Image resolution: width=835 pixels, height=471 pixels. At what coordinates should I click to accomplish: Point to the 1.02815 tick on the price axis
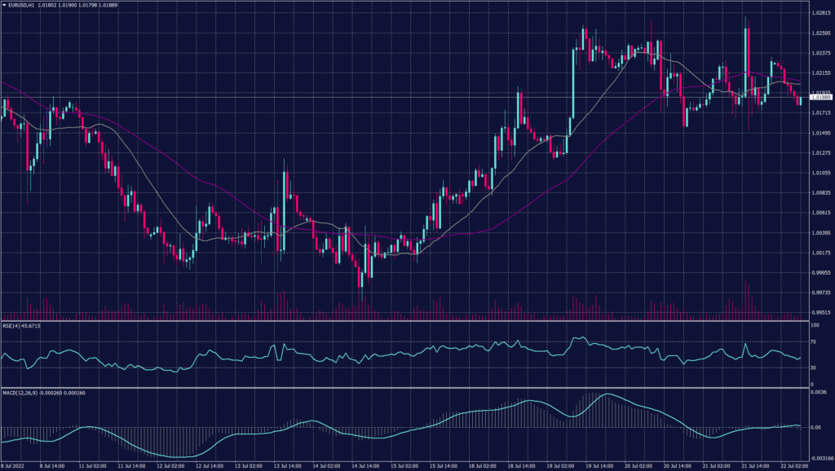[x=818, y=14]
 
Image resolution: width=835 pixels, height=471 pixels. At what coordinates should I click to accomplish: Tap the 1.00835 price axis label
[x=818, y=193]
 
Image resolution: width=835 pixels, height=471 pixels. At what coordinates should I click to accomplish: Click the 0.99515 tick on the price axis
[x=818, y=312]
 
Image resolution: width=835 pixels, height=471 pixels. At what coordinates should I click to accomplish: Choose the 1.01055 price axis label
[x=818, y=173]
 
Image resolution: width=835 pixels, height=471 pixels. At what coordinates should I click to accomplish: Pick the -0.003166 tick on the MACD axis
[x=819, y=458]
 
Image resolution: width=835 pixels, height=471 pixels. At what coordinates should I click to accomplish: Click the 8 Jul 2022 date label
[x=16, y=465]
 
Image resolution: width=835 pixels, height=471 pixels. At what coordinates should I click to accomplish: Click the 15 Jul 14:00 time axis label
[x=443, y=465]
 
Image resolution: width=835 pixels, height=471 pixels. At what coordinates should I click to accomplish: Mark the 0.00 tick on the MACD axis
[x=816, y=427]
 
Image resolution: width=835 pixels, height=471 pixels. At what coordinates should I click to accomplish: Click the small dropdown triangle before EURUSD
[x=4, y=6]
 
